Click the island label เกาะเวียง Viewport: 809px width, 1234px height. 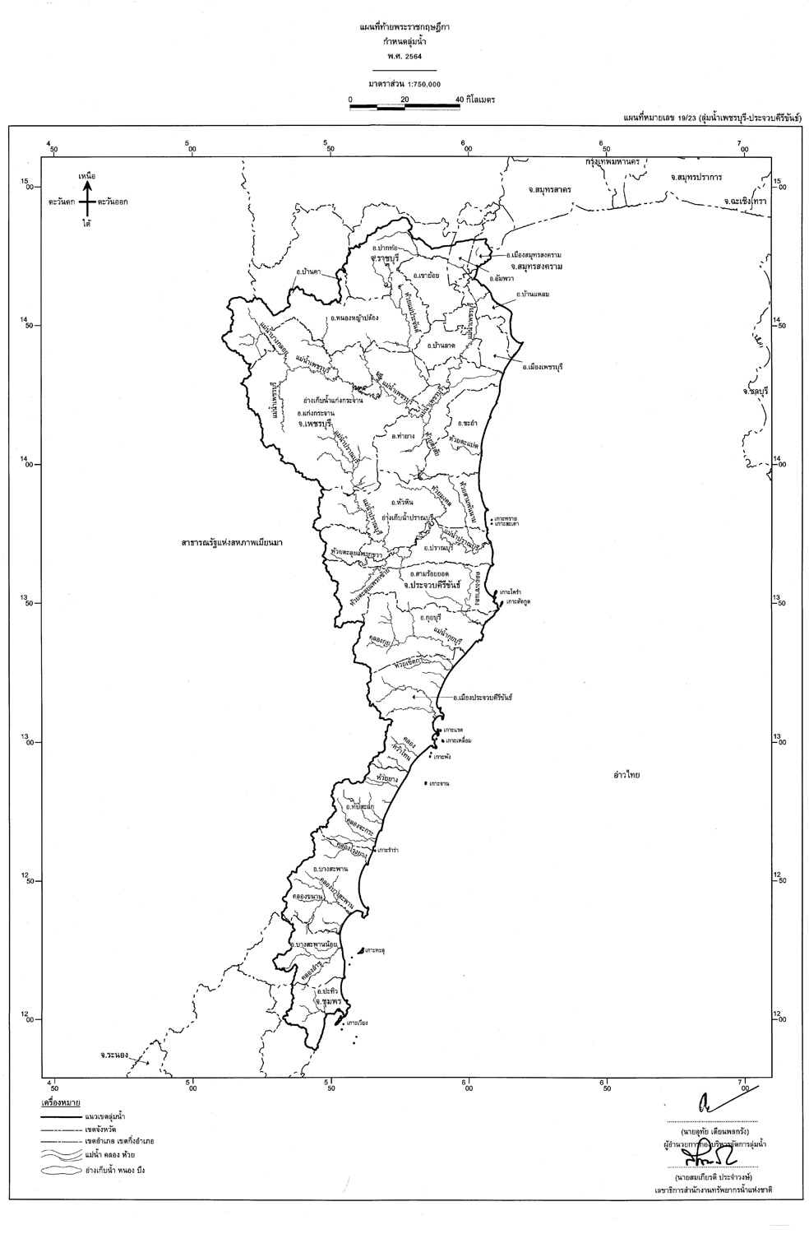click(357, 1023)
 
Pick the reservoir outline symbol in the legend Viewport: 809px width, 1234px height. click(57, 1168)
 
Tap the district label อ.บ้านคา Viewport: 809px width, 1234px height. click(307, 270)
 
